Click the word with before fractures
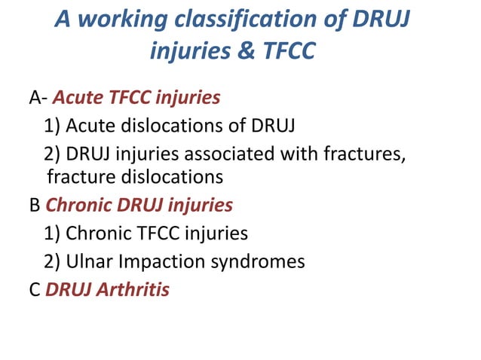tap(317, 151)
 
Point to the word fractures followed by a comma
tap(374, 151)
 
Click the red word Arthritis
tap(133, 288)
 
